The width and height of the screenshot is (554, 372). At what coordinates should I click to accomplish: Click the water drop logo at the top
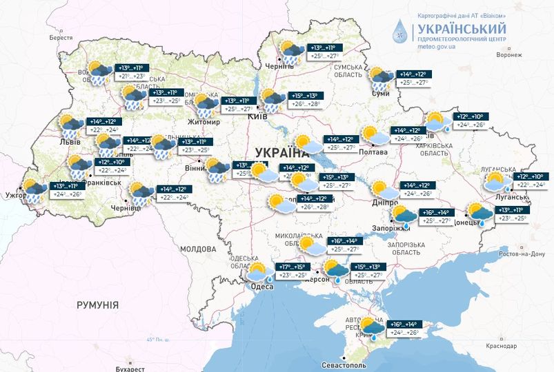[x=401, y=32]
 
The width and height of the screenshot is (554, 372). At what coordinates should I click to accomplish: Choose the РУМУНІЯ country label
[x=97, y=304]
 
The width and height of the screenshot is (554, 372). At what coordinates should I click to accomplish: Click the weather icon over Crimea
[x=369, y=329]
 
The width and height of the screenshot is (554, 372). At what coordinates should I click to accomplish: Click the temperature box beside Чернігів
[x=327, y=52]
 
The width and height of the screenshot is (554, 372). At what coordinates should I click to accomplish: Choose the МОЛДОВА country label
[x=198, y=248]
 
